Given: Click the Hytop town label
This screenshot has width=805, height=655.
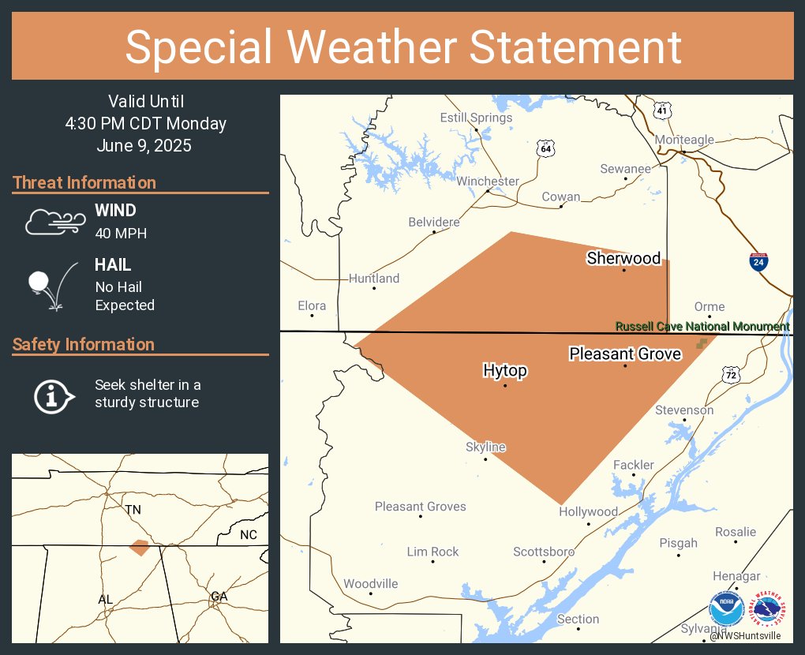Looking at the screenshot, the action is (x=505, y=370).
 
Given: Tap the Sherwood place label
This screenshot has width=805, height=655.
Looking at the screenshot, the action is (x=623, y=258).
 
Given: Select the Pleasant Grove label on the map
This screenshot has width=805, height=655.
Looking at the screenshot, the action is (x=625, y=354).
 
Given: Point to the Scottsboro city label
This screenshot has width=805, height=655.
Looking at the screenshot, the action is (x=544, y=552).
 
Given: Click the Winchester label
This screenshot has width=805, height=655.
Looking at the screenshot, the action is (x=488, y=181).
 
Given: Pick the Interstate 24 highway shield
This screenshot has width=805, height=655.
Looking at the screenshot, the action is (x=758, y=262).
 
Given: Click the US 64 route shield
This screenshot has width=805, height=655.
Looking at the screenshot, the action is (x=545, y=148).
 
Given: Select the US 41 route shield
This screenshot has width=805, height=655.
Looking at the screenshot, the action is (x=662, y=111).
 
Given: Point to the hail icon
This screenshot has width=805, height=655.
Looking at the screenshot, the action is (x=52, y=284).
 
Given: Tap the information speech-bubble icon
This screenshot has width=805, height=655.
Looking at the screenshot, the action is (x=53, y=395).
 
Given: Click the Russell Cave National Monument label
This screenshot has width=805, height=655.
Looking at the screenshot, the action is (x=702, y=327).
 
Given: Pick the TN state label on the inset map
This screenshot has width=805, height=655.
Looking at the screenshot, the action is (x=133, y=510).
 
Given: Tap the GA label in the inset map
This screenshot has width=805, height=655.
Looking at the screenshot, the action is (x=219, y=597).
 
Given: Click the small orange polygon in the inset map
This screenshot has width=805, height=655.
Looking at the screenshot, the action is (x=139, y=548).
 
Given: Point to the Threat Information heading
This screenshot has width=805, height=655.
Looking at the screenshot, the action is (x=84, y=182).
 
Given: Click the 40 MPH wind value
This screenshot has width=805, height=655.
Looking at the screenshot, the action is (x=121, y=233).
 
